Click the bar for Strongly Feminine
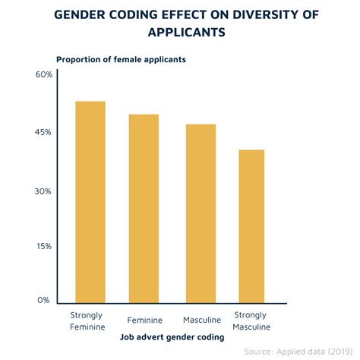click(x=90, y=203)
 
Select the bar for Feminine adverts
click(x=143, y=210)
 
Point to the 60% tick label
click(x=42, y=74)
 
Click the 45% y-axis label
click(x=42, y=132)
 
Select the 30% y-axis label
click(x=42, y=191)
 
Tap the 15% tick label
click(x=42, y=247)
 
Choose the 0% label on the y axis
click(x=44, y=301)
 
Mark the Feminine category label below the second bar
click(x=144, y=320)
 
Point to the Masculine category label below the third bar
click(x=201, y=320)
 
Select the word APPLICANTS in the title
click(x=180, y=34)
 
